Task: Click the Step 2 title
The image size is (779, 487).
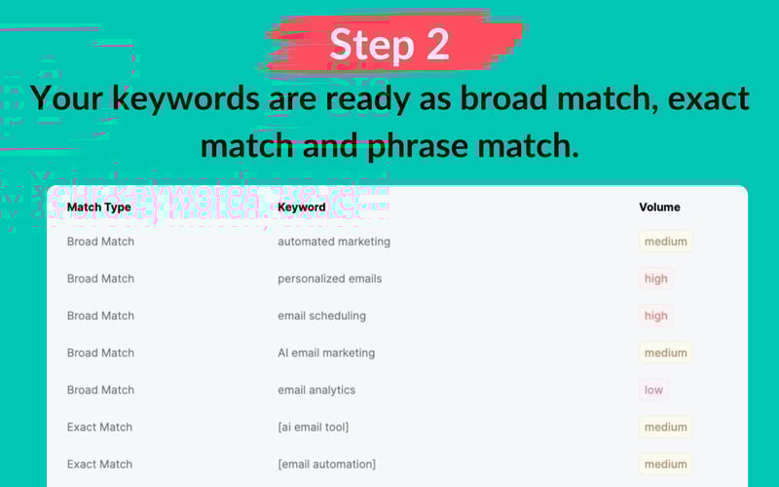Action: [389, 45]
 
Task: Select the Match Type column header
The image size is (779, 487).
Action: [99, 207]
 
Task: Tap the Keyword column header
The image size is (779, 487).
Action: [302, 207]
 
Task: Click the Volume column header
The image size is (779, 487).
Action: [659, 207]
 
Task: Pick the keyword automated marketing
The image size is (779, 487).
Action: [334, 242]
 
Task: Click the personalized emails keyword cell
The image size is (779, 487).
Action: [330, 279]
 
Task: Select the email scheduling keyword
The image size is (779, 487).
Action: [322, 316]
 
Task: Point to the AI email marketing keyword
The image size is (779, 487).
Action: [326, 353]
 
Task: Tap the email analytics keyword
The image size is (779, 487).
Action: [316, 390]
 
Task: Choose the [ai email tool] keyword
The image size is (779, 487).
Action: [313, 427]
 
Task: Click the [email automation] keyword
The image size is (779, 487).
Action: [326, 464]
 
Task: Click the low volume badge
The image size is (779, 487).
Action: [653, 390]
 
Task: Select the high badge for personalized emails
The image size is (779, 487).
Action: [656, 279]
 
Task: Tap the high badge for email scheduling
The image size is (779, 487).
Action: [656, 316]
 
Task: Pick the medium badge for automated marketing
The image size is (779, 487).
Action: [666, 242]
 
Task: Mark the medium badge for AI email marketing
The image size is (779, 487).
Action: [666, 353]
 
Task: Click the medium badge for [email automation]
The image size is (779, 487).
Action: [666, 464]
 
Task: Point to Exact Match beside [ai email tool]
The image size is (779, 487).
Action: [99, 427]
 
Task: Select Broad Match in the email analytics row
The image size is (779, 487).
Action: [100, 390]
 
